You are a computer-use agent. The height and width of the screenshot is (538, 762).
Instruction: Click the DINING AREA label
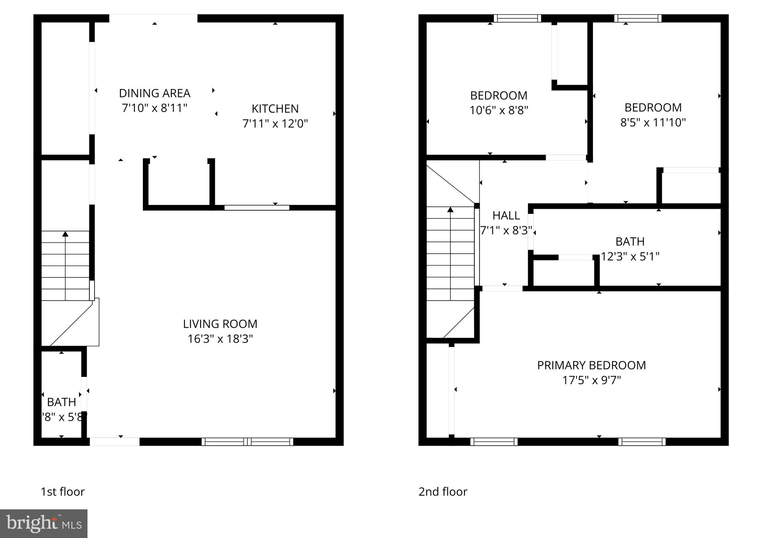tap(154, 93)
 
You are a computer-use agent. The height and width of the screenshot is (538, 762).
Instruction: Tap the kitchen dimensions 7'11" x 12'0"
tap(275, 124)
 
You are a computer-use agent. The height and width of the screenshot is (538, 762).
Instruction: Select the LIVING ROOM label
tap(220, 324)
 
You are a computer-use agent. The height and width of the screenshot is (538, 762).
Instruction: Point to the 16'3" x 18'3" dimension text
tap(220, 339)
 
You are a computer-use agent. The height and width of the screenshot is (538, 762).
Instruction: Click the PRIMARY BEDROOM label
tap(591, 365)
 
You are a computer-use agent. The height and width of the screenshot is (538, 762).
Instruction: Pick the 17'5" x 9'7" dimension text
tap(591, 380)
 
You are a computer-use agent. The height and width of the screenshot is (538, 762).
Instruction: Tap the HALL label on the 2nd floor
tap(506, 215)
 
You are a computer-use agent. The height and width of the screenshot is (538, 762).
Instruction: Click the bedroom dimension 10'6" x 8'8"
tap(499, 111)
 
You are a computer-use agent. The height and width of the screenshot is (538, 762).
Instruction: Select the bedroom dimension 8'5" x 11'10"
tap(653, 122)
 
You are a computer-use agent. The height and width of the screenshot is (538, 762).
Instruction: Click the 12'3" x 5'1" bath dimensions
tap(630, 256)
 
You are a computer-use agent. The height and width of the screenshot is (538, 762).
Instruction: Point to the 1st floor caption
tap(63, 491)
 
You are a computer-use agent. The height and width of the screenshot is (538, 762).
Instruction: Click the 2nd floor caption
tap(443, 491)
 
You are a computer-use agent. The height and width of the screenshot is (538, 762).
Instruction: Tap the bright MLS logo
tap(44, 523)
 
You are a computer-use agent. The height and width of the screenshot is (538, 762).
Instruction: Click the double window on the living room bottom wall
tap(247, 442)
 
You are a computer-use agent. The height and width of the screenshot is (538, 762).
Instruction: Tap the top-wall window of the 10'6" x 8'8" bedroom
tap(517, 18)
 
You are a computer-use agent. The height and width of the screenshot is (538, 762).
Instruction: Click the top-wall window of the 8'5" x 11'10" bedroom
tap(638, 18)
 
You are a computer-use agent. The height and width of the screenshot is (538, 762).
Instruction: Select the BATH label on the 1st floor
tap(61, 402)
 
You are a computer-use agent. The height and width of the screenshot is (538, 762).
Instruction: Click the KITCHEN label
tap(275, 109)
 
